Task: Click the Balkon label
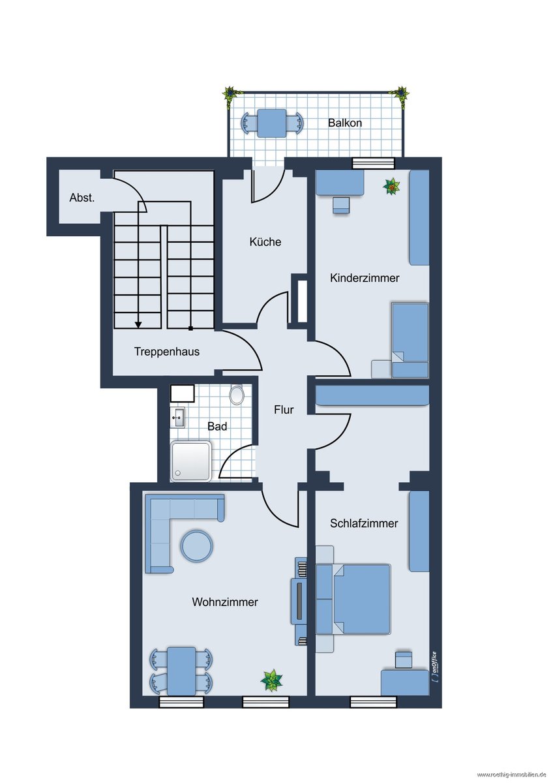tap(344, 123)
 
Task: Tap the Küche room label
tap(265, 241)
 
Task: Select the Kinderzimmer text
tap(365, 278)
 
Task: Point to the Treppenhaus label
tap(167, 351)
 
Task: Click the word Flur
tap(284, 410)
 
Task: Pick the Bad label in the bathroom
tap(217, 426)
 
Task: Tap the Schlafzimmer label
tap(364, 523)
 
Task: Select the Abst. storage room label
tap(82, 198)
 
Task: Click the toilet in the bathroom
tap(237, 395)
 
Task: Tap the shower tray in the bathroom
tap(190, 461)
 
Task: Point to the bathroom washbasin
tap(178, 418)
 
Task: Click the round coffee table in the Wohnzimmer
tap(196, 545)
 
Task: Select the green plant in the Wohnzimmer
tap(271, 679)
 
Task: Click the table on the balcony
tap(272, 123)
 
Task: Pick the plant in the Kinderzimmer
tap(392, 187)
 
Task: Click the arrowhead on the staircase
tap(138, 325)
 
